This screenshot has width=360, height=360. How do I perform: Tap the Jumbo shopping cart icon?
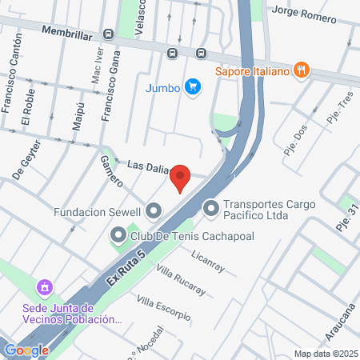click(192, 86)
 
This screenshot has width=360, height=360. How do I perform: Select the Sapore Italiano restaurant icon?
click(301, 70)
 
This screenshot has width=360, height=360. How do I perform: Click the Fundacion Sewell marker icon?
click(154, 211)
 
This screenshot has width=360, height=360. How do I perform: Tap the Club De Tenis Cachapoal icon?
click(118, 235)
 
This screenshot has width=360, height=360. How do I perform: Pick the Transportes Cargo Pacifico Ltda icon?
click(211, 209)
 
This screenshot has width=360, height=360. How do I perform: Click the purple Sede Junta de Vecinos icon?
click(45, 286)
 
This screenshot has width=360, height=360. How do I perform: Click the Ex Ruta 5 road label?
click(128, 270)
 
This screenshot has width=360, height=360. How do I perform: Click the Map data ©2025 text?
click(323, 354)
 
